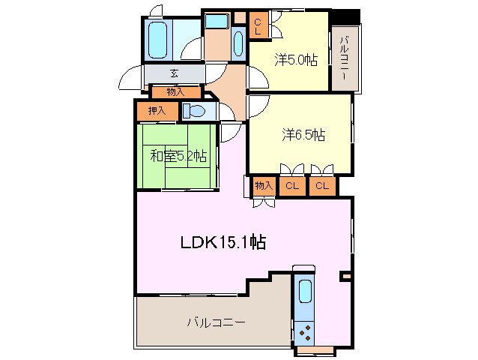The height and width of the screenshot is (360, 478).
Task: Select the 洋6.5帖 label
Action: [303, 135]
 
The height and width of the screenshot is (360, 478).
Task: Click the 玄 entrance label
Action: [174, 73]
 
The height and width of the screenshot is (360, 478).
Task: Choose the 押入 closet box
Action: [157, 111]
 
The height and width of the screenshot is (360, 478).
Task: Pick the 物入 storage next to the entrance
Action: [175, 92]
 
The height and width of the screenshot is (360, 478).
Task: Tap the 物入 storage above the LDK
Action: [263, 186]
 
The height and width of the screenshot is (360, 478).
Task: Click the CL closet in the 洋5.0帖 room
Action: [258, 27]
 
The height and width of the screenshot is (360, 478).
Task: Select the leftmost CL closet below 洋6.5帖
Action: [291, 186]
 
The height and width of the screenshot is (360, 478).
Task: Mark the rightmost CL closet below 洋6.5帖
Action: [321, 186]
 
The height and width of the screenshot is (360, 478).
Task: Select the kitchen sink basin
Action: [305, 291]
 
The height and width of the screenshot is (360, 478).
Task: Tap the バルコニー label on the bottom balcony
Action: [216, 322]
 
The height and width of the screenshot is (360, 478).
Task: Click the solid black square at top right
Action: [347, 16]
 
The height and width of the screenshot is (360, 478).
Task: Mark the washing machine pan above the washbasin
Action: [217, 20]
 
